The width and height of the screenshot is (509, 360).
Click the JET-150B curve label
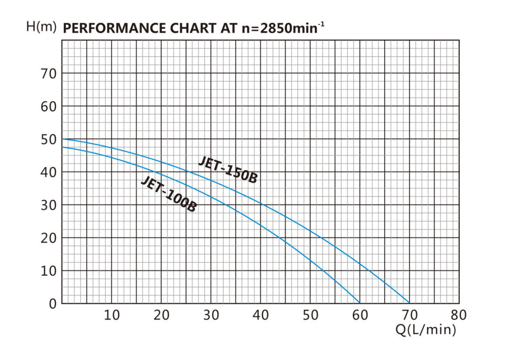tap(228, 170)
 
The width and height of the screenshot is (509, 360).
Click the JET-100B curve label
tap(168, 194)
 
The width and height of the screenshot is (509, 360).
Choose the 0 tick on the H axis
tap(53, 304)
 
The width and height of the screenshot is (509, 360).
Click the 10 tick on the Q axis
tap(112, 315)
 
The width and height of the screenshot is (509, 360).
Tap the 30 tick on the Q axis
tap(211, 315)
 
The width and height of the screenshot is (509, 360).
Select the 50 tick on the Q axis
tap(311, 315)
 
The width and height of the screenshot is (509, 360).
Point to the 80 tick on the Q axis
tap(459, 315)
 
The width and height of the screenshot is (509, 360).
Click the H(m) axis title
tap(41, 27)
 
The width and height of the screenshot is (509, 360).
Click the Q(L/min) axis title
tap(425, 330)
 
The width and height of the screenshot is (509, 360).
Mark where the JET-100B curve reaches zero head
tap(360, 303)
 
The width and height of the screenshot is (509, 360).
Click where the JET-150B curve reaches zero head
tap(410, 303)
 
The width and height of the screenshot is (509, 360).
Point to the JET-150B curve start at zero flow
tap(62, 139)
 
